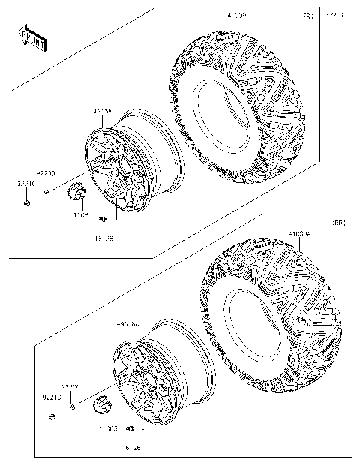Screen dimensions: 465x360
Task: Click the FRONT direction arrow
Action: pyautogui.click(x=33, y=37)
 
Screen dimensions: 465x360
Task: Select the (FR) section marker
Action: pyautogui.click(x=306, y=16)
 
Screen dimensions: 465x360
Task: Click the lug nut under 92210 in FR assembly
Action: pyautogui.click(x=26, y=203)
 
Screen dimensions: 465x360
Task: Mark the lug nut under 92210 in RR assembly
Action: pyautogui.click(x=52, y=416)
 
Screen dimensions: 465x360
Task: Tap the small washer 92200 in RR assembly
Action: pyautogui.click(x=71, y=406)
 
